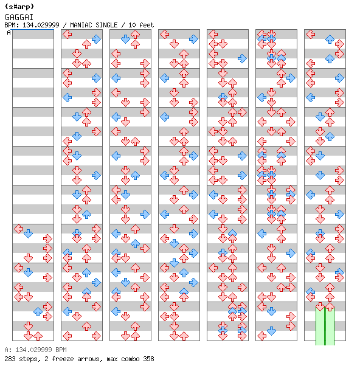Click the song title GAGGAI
coord(19,17)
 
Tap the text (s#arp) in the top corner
coord(19,7)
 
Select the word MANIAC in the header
coord(81,25)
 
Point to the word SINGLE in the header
coord(108,25)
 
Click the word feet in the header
coord(147,25)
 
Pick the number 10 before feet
coord(132,25)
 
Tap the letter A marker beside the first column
coord(9,32)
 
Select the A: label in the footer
coord(8,350)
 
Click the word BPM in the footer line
coord(61,350)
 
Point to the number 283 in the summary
coord(10,359)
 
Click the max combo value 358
coord(148,359)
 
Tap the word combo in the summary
coord(130,359)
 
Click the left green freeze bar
coord(320,326)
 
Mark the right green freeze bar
coord(330,326)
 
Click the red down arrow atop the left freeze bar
coord(320,306)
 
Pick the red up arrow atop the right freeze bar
coord(330,306)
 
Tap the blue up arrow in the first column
coord(38,311)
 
